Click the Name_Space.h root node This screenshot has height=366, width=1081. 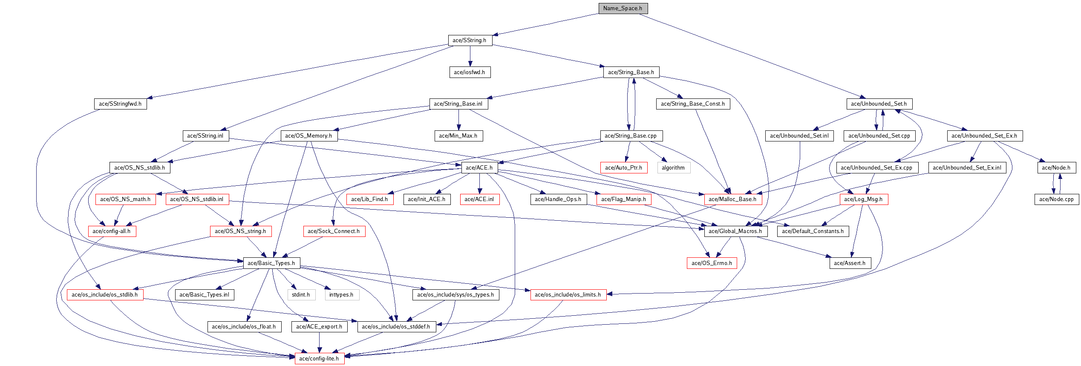[x=623, y=9]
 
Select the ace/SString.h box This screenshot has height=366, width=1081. [x=470, y=40]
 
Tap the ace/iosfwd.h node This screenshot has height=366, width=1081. [x=470, y=72]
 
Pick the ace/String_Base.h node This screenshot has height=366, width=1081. [x=631, y=72]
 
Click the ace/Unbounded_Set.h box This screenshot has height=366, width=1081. [x=879, y=104]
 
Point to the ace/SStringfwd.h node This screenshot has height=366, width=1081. [x=120, y=104]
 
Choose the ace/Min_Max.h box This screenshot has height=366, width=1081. [x=458, y=136]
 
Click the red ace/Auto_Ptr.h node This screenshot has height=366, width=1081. [x=624, y=168]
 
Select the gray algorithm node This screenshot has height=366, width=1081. [x=674, y=168]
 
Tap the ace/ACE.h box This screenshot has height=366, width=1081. [x=479, y=168]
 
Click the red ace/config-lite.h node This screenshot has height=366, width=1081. [x=320, y=359]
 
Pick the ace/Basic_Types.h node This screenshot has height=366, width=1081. [x=271, y=263]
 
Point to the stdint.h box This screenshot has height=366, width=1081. [x=301, y=295]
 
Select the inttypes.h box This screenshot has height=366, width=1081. [x=342, y=295]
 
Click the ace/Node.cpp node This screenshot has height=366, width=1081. [x=1057, y=199]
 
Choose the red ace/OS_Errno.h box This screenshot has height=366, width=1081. [x=712, y=263]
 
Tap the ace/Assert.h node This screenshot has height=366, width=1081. [x=850, y=263]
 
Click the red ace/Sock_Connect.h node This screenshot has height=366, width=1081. [x=334, y=231]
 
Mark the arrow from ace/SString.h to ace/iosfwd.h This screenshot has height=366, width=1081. [x=470, y=56]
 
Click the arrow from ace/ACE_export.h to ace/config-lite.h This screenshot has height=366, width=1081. [x=320, y=343]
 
